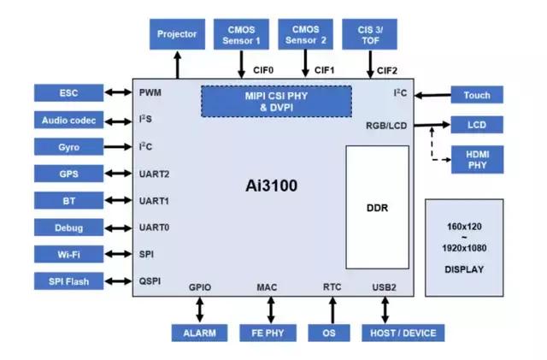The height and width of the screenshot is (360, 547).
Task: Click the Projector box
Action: click(x=177, y=34)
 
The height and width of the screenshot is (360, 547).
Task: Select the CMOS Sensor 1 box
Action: click(x=242, y=34)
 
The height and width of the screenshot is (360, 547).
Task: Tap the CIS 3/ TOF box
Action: click(x=369, y=34)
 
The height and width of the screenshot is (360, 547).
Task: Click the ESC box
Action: click(x=69, y=92)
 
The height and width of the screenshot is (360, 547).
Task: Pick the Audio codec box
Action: click(x=69, y=120)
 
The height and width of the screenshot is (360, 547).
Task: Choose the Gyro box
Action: click(x=69, y=147)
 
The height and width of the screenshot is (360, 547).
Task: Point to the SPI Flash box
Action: click(x=69, y=281)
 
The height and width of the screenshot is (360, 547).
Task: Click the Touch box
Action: click(x=477, y=95)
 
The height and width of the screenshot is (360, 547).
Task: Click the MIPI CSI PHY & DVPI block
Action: click(x=276, y=102)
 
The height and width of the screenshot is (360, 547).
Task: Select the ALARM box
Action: click(x=199, y=333)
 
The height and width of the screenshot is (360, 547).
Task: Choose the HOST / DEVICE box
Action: click(x=403, y=333)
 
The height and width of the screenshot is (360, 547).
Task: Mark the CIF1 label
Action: click(x=325, y=70)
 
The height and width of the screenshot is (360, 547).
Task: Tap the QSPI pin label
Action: click(x=150, y=281)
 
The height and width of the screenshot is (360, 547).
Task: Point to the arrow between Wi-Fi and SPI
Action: click(x=117, y=255)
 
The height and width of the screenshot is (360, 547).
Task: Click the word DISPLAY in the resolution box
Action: click(x=464, y=269)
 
